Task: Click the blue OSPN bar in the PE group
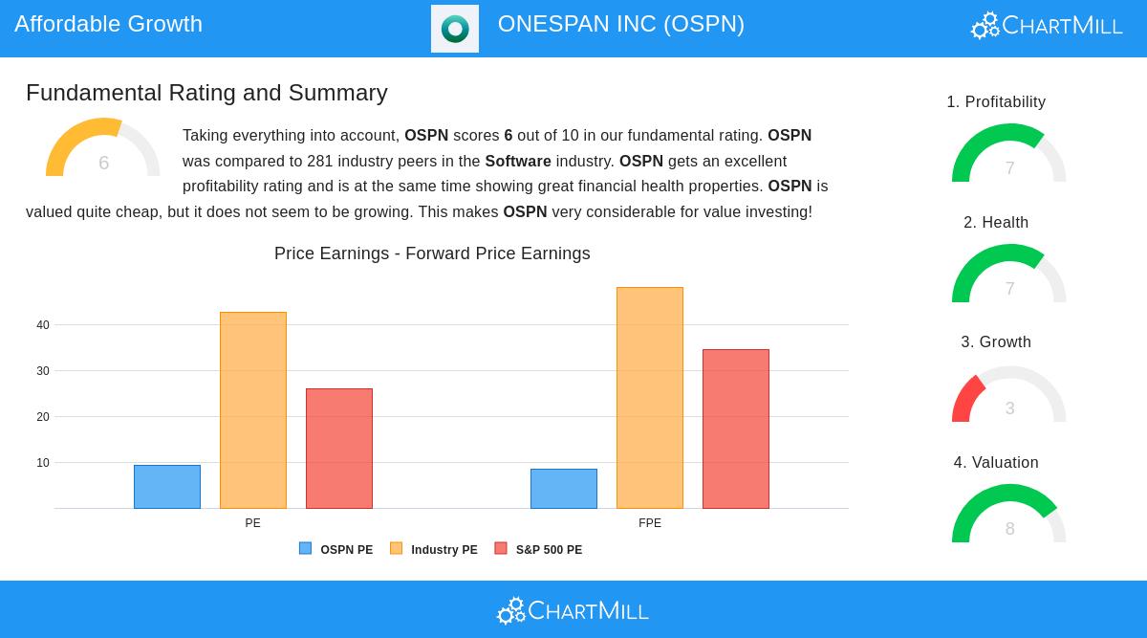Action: click(x=167, y=487)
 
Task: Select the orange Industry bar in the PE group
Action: click(x=253, y=410)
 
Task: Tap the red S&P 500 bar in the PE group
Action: click(x=339, y=449)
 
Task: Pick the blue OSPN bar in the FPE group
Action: click(x=564, y=489)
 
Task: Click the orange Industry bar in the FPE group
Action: click(x=650, y=398)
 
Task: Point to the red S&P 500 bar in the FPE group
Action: click(x=736, y=429)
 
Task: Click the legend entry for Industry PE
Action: click(x=434, y=550)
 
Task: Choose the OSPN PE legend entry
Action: click(x=336, y=550)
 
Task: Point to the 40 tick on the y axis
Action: click(x=43, y=325)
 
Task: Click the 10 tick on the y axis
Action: click(x=43, y=463)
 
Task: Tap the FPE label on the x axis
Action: click(x=650, y=523)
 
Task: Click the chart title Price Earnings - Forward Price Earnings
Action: click(x=432, y=253)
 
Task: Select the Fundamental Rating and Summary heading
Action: click(x=206, y=93)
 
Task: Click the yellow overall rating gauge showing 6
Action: click(x=103, y=149)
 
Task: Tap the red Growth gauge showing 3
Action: click(x=1009, y=397)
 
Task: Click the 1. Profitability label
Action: click(x=996, y=102)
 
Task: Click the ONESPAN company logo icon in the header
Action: click(x=455, y=29)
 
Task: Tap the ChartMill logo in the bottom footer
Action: click(x=573, y=610)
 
